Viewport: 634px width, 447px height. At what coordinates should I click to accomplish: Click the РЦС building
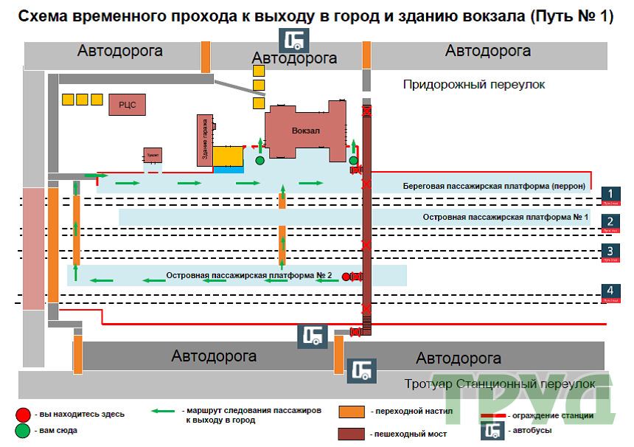(x=127, y=105)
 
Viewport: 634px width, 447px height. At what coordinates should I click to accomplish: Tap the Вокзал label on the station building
(x=306, y=131)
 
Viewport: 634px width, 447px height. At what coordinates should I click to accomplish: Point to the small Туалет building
(x=153, y=156)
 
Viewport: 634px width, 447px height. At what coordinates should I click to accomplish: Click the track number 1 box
(x=610, y=194)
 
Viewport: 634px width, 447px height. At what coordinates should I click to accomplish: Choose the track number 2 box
(x=610, y=221)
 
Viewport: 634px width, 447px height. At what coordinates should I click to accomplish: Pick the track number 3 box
(x=610, y=251)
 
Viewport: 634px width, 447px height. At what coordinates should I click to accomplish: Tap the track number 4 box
(x=610, y=291)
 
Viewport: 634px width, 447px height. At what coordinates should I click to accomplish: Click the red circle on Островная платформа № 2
(x=346, y=277)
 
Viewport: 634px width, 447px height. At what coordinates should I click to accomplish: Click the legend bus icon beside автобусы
(x=493, y=432)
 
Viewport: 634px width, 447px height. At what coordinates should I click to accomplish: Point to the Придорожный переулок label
(x=473, y=85)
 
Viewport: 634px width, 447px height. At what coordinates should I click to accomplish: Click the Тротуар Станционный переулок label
(x=499, y=384)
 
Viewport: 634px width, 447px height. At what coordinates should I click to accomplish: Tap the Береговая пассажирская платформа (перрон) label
(x=494, y=186)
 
